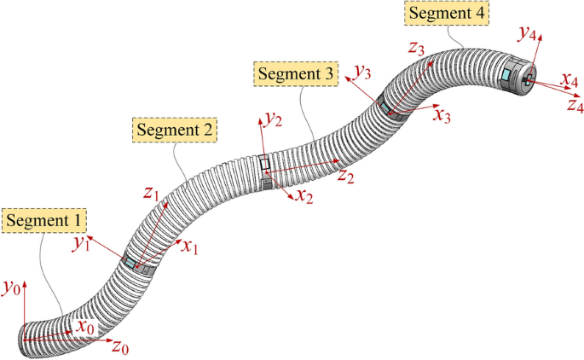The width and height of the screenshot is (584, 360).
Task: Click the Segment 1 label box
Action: coord(45,222)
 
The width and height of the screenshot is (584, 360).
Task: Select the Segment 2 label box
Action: coord(176,131)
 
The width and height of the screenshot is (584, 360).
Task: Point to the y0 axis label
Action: coord(11,290)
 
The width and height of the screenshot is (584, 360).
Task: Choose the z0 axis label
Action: coord(121,349)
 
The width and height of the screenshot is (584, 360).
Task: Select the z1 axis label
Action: coord(152,195)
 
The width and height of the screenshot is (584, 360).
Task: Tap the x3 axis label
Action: coord(442,115)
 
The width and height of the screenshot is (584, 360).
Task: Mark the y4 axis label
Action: coord(527,35)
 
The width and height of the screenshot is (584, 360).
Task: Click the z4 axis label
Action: coord(574,106)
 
